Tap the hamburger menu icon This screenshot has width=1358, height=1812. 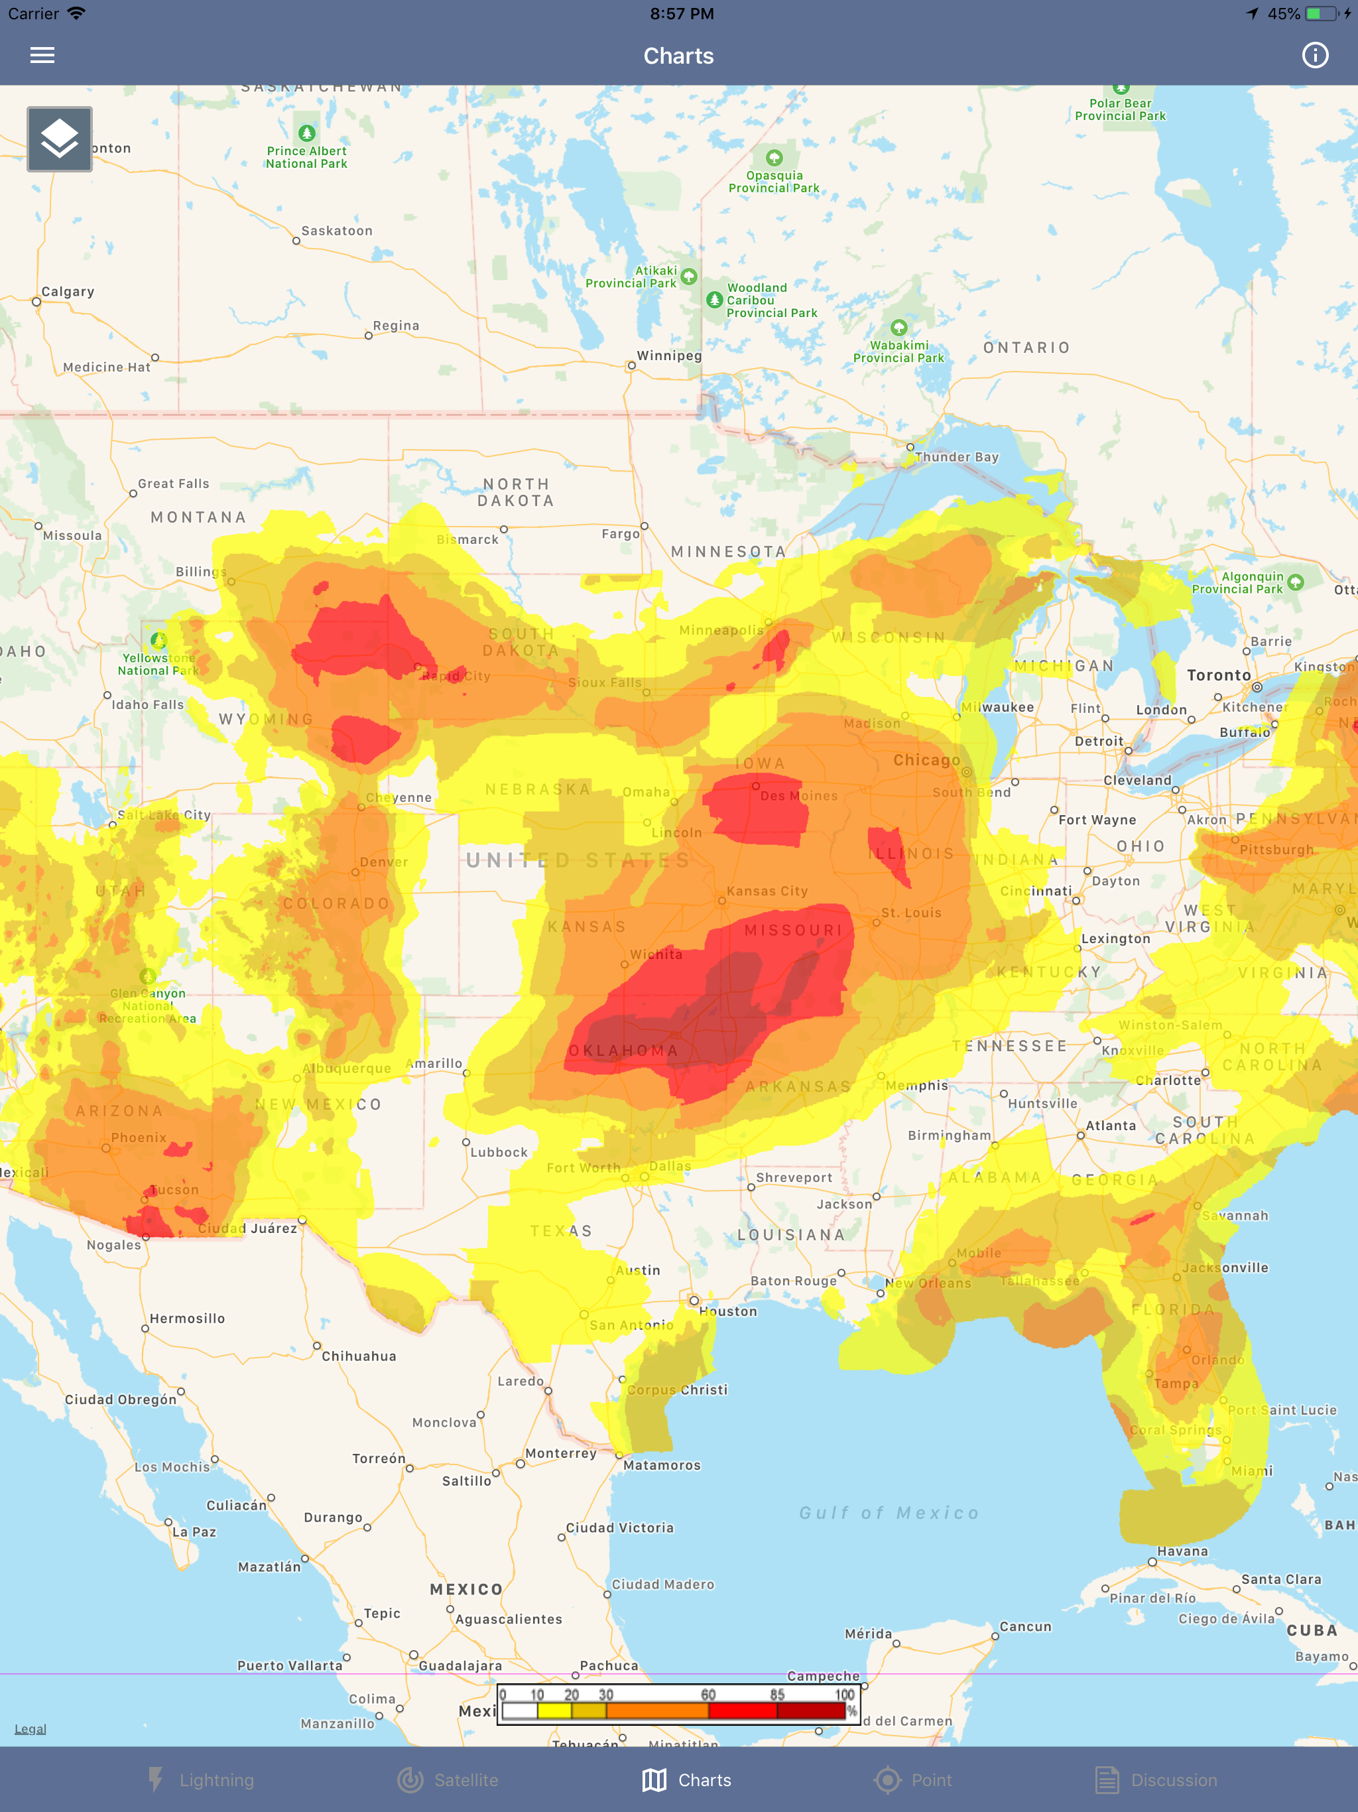42,56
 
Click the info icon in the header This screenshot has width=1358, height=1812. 1315,56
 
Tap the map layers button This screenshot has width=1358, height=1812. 60,139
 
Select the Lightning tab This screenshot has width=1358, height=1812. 201,1780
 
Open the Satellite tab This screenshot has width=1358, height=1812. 448,1780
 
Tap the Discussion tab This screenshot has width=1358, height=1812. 1156,1780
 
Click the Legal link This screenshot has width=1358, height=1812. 31,1728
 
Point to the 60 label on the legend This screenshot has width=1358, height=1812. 708,1694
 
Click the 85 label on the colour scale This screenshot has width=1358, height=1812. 776,1694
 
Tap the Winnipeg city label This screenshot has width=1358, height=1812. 669,356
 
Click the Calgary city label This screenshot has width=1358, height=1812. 68,292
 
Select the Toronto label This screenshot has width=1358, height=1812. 1219,675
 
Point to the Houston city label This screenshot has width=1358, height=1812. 727,1311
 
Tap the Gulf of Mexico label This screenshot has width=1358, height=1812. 889,1513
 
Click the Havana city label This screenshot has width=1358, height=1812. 1182,1551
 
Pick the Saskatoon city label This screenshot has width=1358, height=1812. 337,231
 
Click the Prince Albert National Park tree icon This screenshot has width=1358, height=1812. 306,133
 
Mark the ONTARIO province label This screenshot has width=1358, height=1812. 1026,348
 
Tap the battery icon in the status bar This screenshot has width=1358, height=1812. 1321,14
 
